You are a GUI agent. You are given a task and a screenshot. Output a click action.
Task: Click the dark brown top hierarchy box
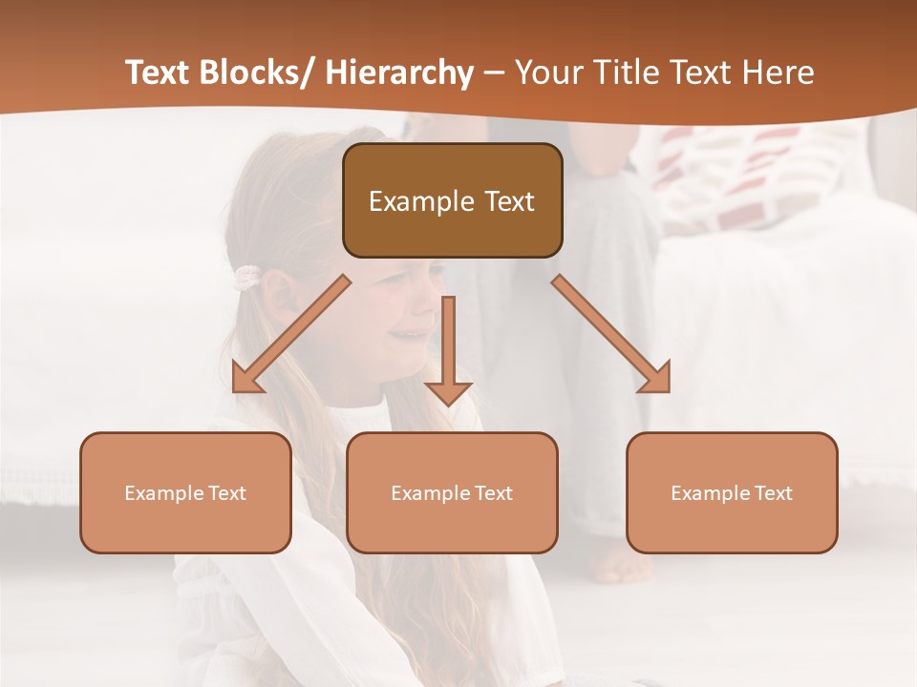coord(452,200)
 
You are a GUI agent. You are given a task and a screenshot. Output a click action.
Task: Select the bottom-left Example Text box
coord(185,492)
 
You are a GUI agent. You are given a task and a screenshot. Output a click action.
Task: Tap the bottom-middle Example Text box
coord(452,492)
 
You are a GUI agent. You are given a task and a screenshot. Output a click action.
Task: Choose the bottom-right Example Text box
coord(732,492)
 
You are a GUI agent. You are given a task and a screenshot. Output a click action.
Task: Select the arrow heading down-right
coord(611,334)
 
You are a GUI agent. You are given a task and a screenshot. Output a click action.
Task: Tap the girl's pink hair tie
coord(247,278)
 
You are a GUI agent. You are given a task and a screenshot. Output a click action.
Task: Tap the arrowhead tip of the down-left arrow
coord(235,390)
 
